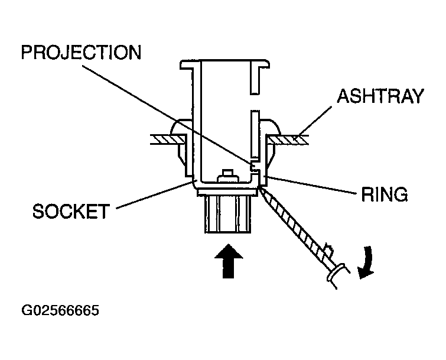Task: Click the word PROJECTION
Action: (81, 53)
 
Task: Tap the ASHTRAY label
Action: (380, 96)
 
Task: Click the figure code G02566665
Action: (60, 310)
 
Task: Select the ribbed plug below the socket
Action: (227, 216)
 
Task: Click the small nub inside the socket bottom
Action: (227, 176)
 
